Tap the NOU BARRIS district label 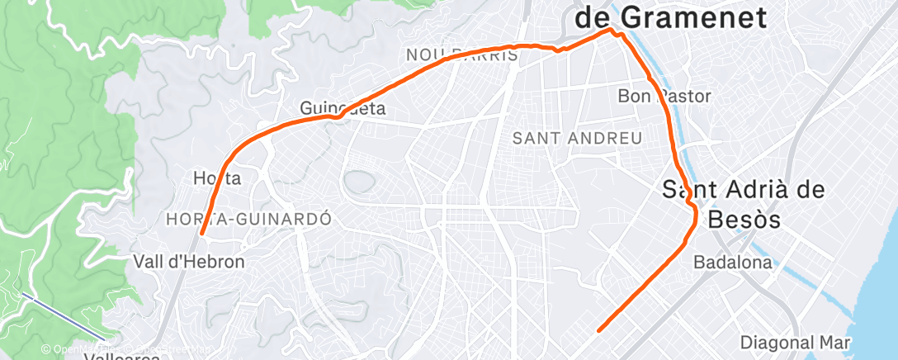pos(462,55)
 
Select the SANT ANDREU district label pos(577,138)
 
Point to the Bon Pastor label pos(664,97)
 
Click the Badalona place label pos(733,263)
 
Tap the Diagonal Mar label pos(795,342)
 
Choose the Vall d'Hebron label pos(189,263)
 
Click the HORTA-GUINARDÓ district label pos(248,220)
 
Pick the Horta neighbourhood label pos(216,178)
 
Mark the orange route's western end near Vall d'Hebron pos(201,234)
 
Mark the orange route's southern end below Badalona pos(599,330)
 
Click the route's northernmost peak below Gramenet pos(612,31)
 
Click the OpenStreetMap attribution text pos(124,350)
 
